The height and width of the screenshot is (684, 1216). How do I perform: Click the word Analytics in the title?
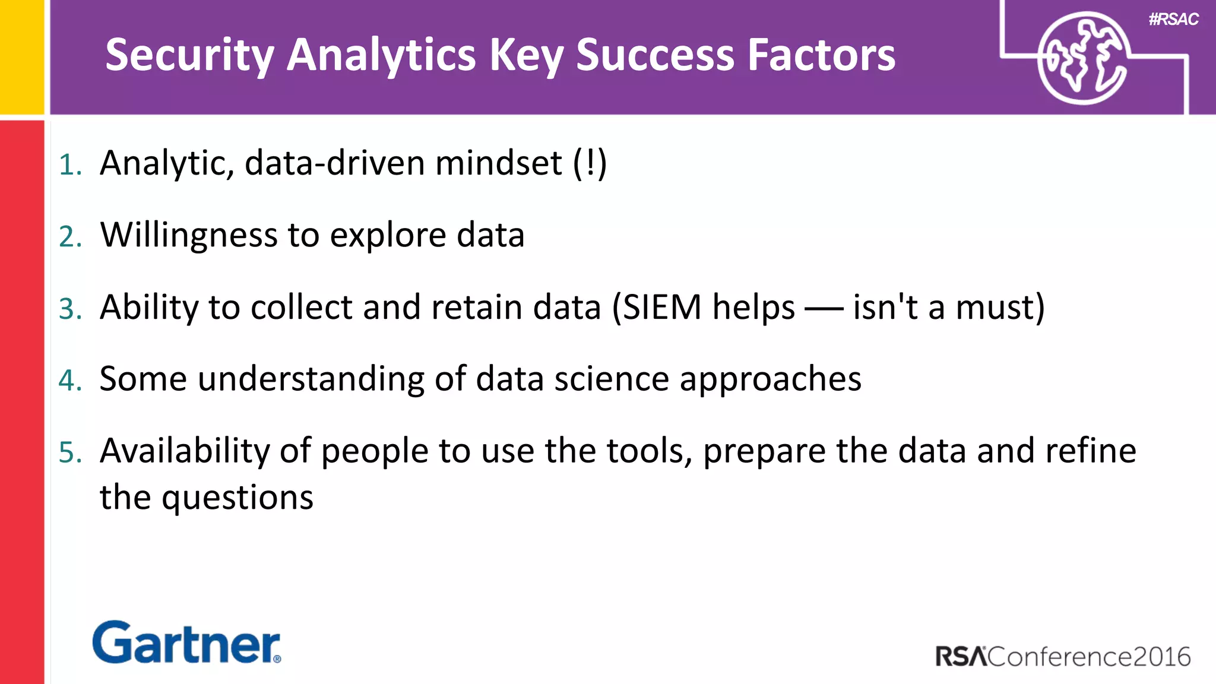click(x=381, y=55)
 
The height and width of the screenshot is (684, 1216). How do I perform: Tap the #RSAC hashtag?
click(x=1173, y=20)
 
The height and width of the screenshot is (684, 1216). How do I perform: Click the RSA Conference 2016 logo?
click(x=1063, y=657)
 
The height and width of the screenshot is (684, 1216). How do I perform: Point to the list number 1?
click(x=69, y=165)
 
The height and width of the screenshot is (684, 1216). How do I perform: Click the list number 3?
click(x=70, y=309)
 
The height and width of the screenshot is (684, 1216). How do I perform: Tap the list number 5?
click(x=70, y=453)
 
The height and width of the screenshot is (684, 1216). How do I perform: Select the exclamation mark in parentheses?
click(x=590, y=164)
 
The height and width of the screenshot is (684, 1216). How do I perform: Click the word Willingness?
click(x=189, y=235)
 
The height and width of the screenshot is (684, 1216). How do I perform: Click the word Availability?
click(x=185, y=451)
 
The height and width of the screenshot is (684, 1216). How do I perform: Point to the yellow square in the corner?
click(x=21, y=56)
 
